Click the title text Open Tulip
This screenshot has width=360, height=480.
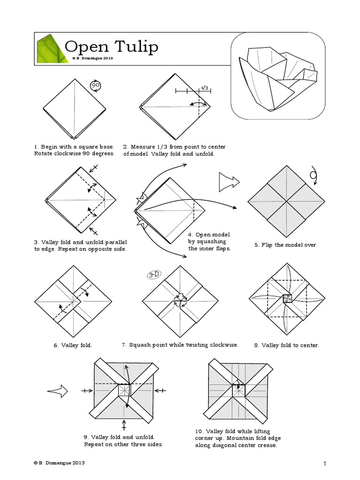(x=111, y=46)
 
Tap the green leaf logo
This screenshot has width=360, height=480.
(x=49, y=49)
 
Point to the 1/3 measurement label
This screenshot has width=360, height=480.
(x=204, y=88)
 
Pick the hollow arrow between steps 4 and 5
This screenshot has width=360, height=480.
(x=229, y=181)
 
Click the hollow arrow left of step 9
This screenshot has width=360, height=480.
(x=58, y=390)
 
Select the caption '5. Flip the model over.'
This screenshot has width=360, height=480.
(x=286, y=245)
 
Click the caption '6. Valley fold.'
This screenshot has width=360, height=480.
(x=72, y=345)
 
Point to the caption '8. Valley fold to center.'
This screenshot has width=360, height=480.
(x=286, y=345)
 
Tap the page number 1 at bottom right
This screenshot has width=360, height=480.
(x=324, y=464)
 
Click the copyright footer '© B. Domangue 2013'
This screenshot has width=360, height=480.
(x=59, y=463)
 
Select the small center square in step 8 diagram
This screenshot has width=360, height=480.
(x=286, y=299)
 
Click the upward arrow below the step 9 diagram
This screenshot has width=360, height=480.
(x=124, y=425)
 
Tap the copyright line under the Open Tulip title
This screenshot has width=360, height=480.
(x=92, y=59)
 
